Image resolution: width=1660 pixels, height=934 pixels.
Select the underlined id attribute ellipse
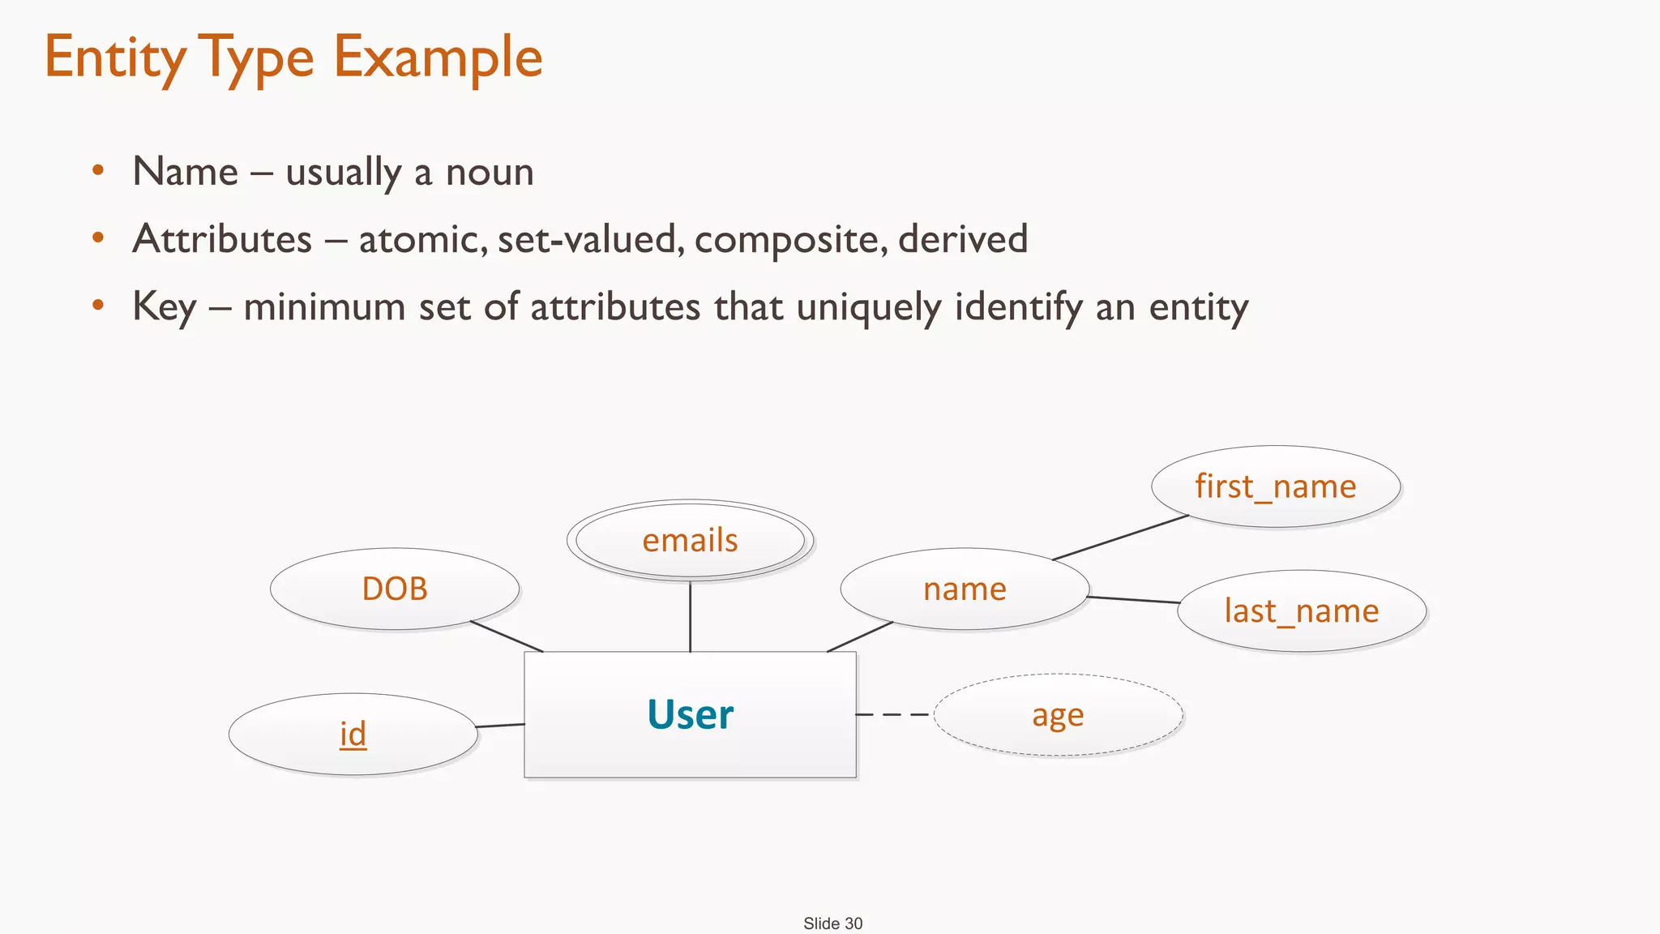pos(353,734)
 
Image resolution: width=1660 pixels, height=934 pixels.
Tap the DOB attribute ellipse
pos(395,589)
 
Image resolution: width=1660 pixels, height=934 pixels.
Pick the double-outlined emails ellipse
pos(690,540)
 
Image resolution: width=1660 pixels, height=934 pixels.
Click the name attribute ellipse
pos(965,589)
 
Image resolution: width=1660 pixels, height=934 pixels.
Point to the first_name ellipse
pos(1275,486)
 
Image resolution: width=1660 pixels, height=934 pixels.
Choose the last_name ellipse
pos(1301,611)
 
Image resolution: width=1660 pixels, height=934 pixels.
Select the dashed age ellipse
pos(1058,715)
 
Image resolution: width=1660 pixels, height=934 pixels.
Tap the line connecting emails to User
pos(690,616)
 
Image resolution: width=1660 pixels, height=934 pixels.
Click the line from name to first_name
pos(1120,538)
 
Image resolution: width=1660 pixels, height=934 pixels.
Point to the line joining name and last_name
pos(1133,600)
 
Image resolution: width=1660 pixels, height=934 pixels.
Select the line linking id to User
pos(501,726)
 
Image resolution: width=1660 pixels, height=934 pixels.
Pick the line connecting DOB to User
pos(507,636)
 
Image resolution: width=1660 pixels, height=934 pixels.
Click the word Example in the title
pos(438,58)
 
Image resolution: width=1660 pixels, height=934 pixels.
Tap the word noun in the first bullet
pos(490,172)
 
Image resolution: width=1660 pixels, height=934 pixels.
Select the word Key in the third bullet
pos(165,307)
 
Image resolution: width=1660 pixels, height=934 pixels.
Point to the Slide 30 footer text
pos(832,923)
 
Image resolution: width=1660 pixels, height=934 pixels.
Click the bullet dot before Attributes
pos(98,238)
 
